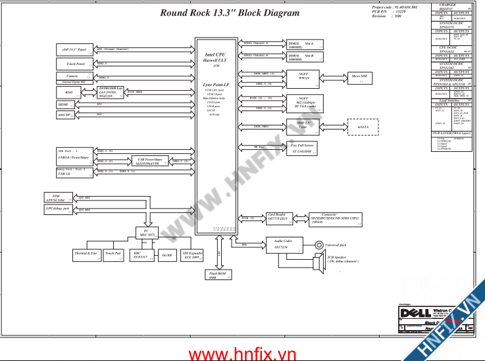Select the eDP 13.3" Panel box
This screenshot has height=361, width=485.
[x=76, y=50]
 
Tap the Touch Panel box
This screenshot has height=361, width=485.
[x=76, y=64]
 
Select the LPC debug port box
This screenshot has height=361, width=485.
[x=59, y=209]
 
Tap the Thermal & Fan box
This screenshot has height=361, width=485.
[x=86, y=254]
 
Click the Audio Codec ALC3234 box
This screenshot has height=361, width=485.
[x=284, y=245]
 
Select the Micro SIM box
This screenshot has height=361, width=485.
[x=359, y=78]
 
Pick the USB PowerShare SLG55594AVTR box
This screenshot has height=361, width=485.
[x=153, y=160]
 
